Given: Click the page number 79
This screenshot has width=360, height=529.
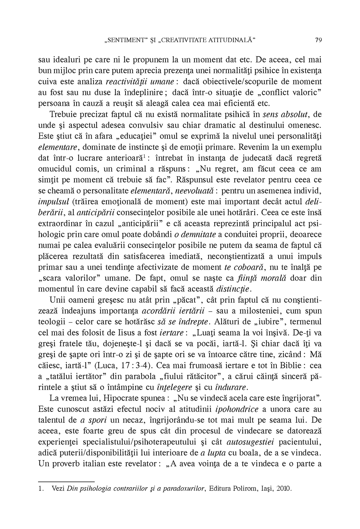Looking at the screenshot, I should click(319, 40).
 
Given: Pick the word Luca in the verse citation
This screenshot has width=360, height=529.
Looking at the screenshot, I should click(108, 366).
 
